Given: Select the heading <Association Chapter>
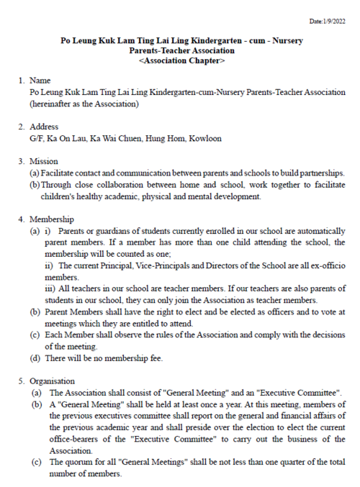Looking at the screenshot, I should click(181, 62).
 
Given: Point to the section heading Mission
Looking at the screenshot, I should click(43, 161).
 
